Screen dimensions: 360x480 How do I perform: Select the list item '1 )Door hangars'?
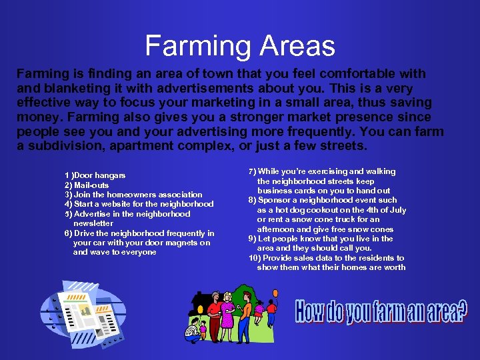coord(95,175)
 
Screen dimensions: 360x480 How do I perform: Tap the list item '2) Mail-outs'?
coord(87,185)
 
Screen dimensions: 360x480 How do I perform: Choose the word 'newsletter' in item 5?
coord(93,223)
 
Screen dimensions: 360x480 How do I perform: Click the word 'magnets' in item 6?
coord(165,243)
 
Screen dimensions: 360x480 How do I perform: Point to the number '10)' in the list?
coord(254,258)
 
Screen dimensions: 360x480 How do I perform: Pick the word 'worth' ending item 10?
coord(394,267)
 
